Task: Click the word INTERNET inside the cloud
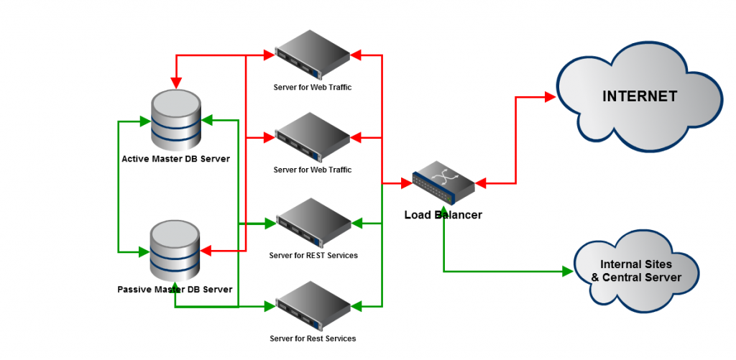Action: (x=640, y=96)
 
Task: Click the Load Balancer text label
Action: (x=443, y=215)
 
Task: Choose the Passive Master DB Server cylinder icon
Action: (x=176, y=251)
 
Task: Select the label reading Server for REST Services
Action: (x=313, y=255)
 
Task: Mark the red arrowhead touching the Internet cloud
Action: (x=551, y=96)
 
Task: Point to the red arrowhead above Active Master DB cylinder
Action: (x=175, y=77)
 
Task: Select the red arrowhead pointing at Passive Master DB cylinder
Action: (x=206, y=251)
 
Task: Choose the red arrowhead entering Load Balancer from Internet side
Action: (x=480, y=185)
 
